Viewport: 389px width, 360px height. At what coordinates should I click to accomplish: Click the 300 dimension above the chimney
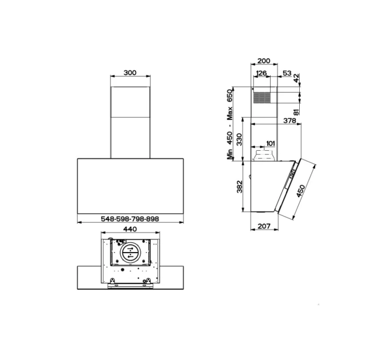[x=130, y=73]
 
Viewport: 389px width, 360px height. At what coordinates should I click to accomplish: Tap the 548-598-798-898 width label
[x=130, y=219]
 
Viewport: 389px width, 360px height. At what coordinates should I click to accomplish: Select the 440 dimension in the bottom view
[x=130, y=229]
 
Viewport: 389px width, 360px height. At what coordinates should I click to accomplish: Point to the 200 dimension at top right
[x=264, y=61]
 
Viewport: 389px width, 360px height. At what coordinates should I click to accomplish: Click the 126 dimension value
[x=261, y=73]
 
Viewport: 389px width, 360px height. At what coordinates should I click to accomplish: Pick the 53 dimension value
[x=287, y=73]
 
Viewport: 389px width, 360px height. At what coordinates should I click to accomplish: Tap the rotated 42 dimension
[x=296, y=78]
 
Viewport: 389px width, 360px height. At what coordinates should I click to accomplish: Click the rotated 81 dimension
[x=296, y=111]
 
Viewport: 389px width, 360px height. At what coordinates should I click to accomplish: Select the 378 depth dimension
[x=290, y=121]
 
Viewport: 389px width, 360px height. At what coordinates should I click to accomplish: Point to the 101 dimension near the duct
[x=271, y=143]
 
